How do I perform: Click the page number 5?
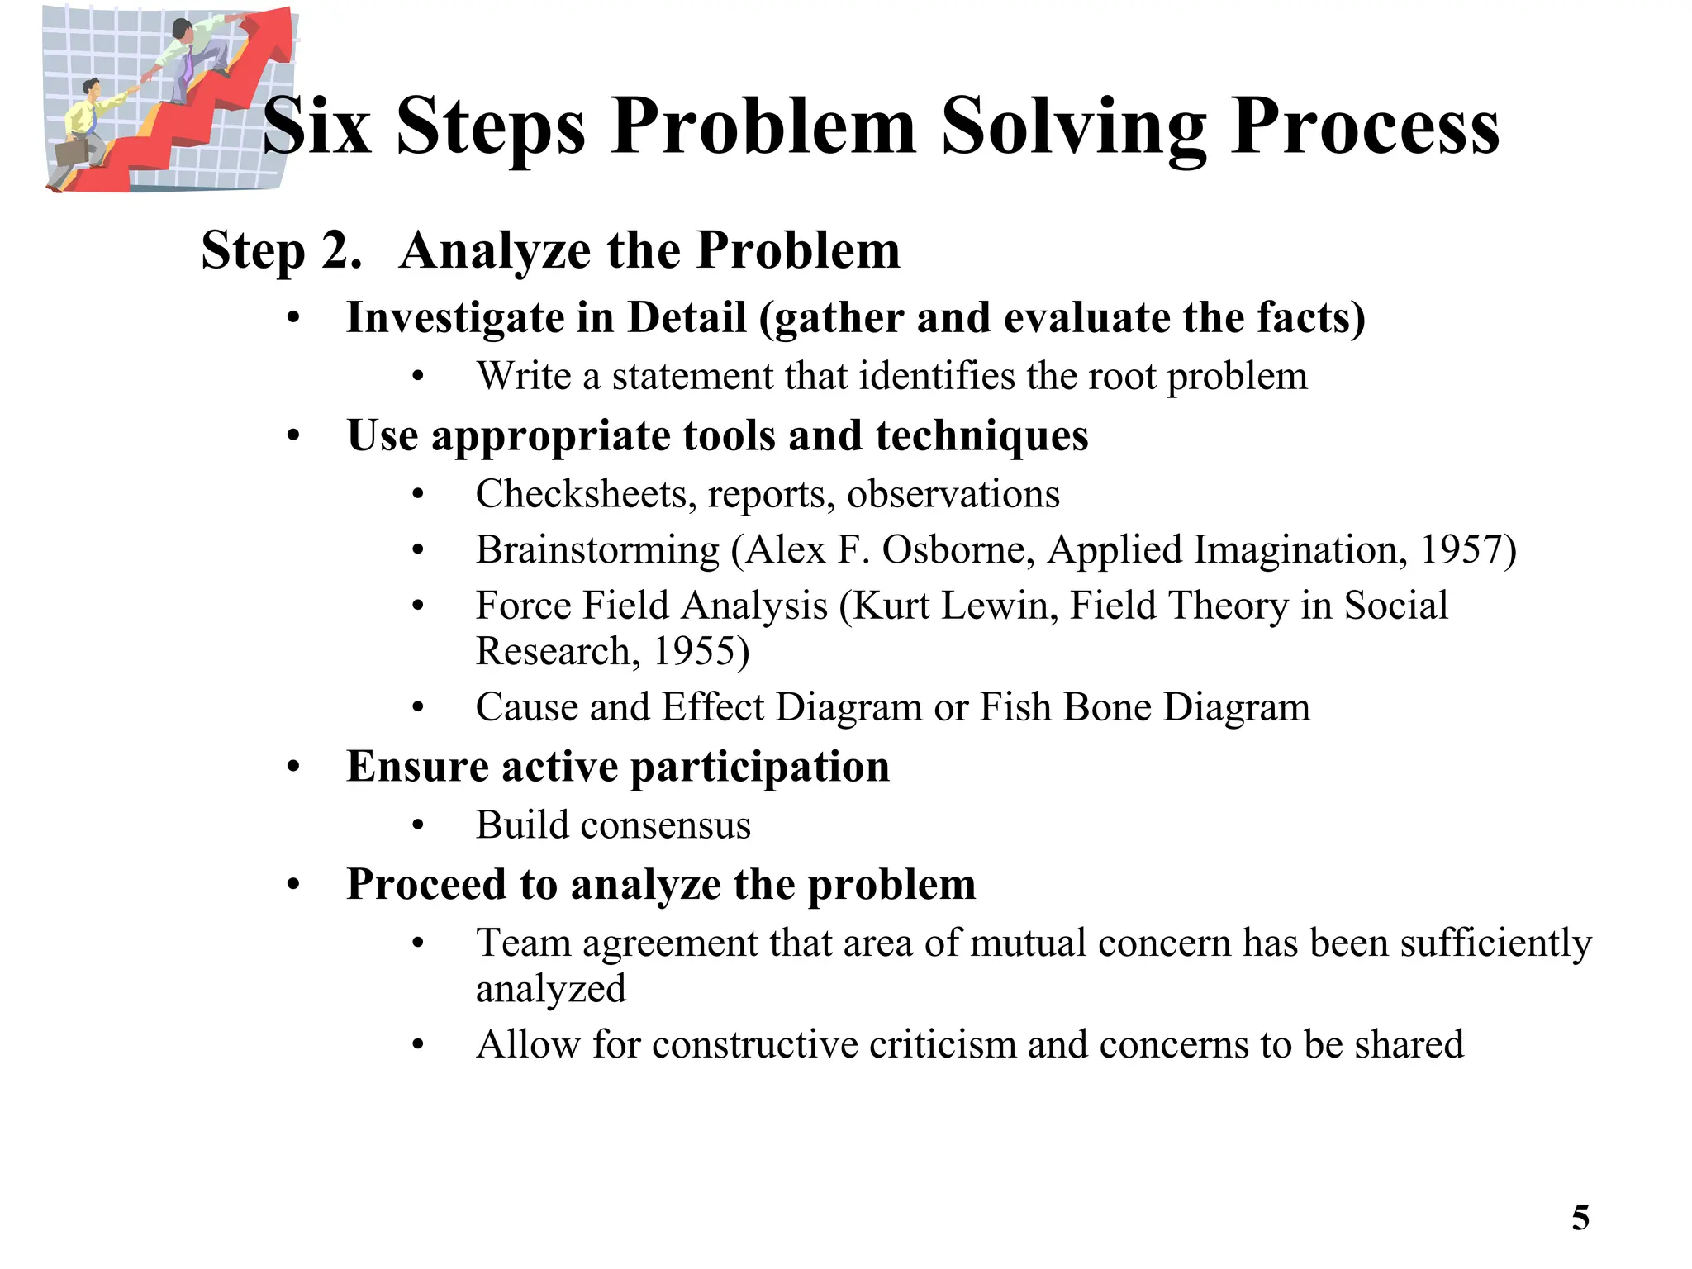click(x=1580, y=1219)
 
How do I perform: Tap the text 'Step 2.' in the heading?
click(x=282, y=250)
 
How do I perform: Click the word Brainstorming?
click(x=597, y=550)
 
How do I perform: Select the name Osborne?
click(x=957, y=550)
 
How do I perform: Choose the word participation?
click(x=759, y=767)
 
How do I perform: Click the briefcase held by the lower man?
click(x=72, y=153)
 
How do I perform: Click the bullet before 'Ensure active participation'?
click(x=293, y=768)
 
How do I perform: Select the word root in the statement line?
click(x=1121, y=378)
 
